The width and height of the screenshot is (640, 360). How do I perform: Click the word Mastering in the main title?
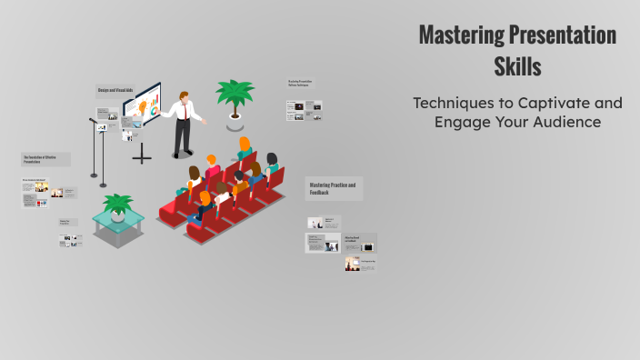pyautogui.click(x=461, y=36)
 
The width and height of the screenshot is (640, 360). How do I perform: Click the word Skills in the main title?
pyautogui.click(x=517, y=67)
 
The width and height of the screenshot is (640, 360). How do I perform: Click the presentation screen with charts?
pyautogui.click(x=142, y=108)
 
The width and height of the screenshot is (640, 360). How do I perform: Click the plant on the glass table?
pyautogui.click(x=117, y=204)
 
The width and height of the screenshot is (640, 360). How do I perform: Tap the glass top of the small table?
pyautogui.click(x=117, y=218)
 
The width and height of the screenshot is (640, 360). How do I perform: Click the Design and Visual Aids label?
pyautogui.click(x=115, y=90)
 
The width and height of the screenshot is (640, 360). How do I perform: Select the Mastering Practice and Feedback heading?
pyautogui.click(x=333, y=188)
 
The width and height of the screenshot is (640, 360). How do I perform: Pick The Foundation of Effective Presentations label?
pyautogui.click(x=45, y=159)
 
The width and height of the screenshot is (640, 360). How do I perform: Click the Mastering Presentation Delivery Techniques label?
pyautogui.click(x=305, y=85)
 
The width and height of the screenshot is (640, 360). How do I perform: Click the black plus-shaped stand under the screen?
pyautogui.click(x=142, y=156)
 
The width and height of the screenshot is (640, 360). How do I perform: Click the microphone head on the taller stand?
pyautogui.click(x=93, y=120)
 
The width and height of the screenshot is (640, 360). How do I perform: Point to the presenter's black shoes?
pyautogui.click(x=183, y=154)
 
